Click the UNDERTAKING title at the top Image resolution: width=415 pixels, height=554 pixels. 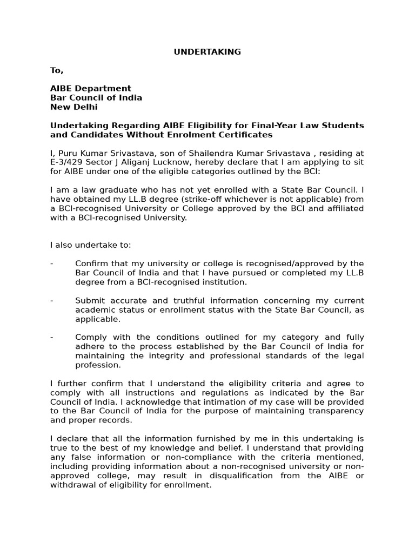207,52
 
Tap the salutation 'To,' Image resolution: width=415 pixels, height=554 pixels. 57,70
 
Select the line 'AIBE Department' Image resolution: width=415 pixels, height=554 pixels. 91,88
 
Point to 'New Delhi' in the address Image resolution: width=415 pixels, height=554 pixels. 74,107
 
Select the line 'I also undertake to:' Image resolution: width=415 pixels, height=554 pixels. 90,245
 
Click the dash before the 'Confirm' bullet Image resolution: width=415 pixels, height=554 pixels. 52,263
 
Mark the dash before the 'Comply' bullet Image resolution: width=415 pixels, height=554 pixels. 52,337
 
